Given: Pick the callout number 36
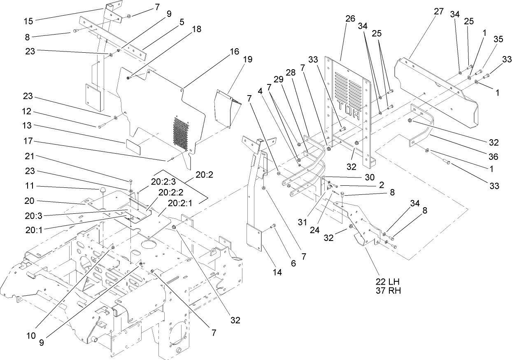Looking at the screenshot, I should (493, 157).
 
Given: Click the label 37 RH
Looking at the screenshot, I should (387, 290).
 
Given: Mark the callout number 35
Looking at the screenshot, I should (498, 40).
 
